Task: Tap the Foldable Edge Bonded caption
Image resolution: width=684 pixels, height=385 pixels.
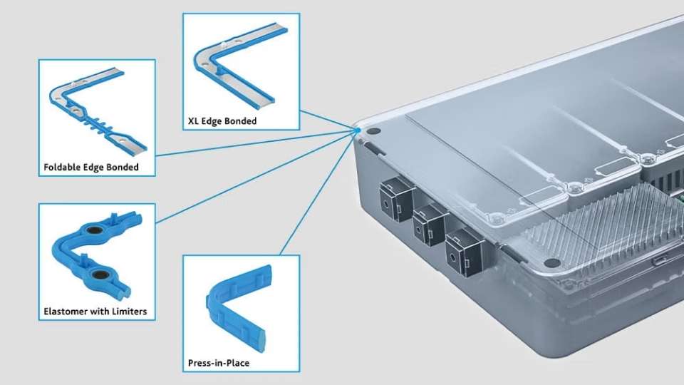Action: (x=90, y=168)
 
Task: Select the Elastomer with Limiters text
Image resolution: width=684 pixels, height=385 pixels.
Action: (x=95, y=312)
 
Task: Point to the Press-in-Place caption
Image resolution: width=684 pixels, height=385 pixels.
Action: (x=219, y=363)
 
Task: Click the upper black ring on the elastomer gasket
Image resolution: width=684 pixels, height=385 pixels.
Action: (x=93, y=230)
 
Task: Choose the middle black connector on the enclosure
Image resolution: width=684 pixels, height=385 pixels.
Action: (x=426, y=223)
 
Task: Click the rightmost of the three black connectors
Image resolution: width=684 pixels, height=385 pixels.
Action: (x=461, y=251)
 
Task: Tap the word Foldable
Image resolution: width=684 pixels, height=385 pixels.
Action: (x=61, y=168)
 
